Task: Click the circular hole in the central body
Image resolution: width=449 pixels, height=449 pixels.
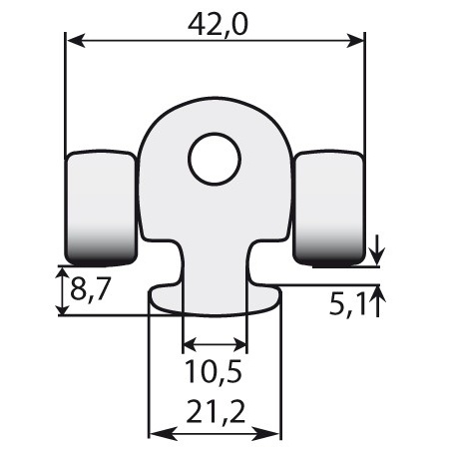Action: click(x=215, y=159)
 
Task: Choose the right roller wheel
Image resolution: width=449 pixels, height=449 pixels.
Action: click(x=330, y=208)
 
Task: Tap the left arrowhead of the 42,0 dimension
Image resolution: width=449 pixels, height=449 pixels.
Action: click(x=73, y=41)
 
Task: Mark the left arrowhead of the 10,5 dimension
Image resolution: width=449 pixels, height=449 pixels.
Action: click(x=190, y=346)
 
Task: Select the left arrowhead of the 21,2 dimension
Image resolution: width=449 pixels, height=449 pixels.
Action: click(x=156, y=434)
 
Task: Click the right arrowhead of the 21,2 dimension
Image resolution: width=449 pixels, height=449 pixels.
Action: click(x=273, y=434)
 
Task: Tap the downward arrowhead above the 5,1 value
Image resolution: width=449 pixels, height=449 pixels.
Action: click(x=377, y=257)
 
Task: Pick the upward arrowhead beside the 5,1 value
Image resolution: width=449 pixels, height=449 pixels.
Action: click(x=377, y=292)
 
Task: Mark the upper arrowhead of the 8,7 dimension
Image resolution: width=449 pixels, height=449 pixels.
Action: click(x=59, y=273)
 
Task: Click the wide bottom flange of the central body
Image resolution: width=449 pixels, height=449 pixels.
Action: click(x=215, y=298)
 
